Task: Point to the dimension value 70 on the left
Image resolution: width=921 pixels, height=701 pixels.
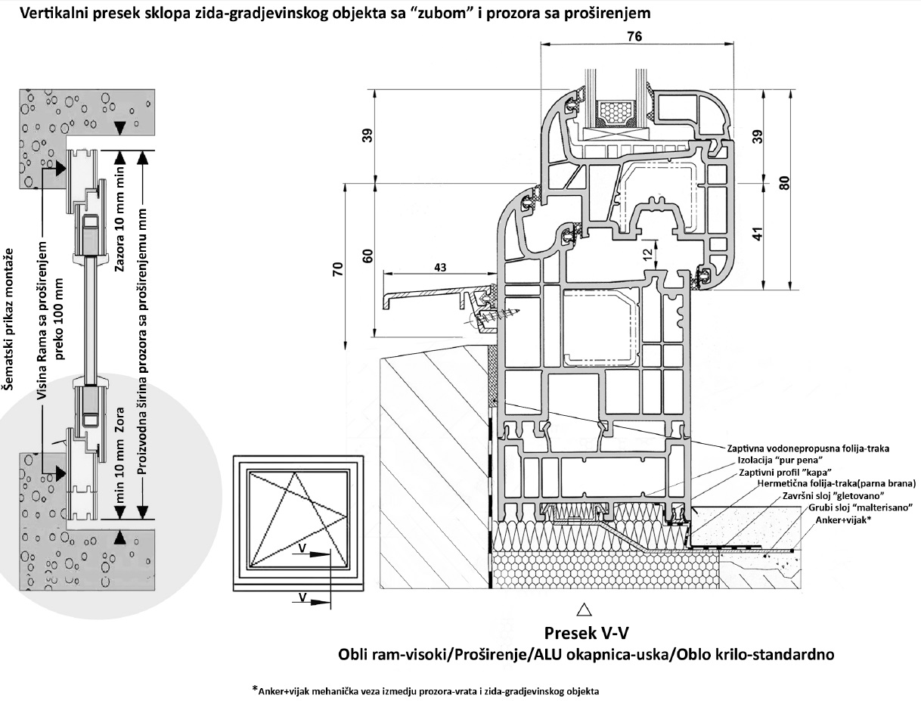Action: pyautogui.click(x=337, y=270)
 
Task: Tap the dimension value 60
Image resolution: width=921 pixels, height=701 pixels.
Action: pyautogui.click(x=367, y=255)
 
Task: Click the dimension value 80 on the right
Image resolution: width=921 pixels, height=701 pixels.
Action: pyautogui.click(x=784, y=182)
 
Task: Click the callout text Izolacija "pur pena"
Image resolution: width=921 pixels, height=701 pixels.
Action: pyautogui.click(x=778, y=460)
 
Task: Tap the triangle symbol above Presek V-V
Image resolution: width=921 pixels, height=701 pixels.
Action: pyautogui.click(x=582, y=608)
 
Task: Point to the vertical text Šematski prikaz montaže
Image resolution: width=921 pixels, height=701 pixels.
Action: pyautogui.click(x=9, y=318)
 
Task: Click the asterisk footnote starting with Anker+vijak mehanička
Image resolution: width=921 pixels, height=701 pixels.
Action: pyautogui.click(x=426, y=690)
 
